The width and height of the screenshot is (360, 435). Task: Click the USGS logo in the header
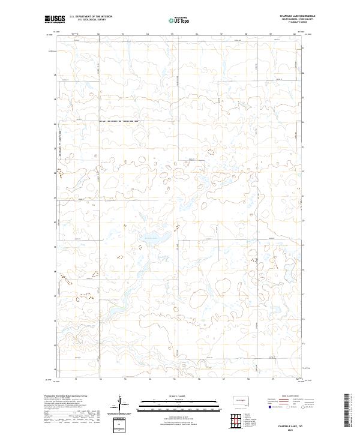click(55, 19)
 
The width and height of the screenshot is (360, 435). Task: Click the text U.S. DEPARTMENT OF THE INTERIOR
click(91, 16)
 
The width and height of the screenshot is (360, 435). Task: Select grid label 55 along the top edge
click(172, 34)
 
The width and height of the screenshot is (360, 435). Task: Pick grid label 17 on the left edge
click(55, 295)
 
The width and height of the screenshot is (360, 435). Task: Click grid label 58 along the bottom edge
click(247, 379)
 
